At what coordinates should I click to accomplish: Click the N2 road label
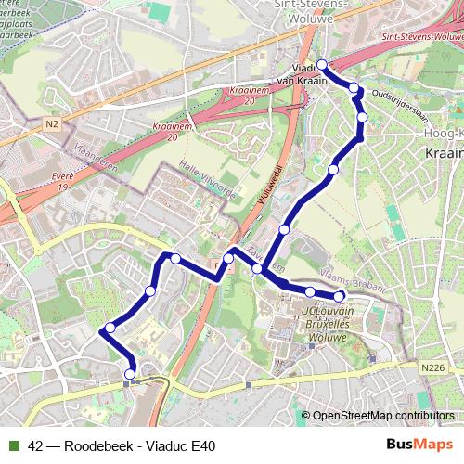52,122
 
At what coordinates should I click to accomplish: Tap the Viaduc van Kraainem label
307,73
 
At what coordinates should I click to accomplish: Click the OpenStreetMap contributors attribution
382,415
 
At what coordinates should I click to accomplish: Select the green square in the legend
14,445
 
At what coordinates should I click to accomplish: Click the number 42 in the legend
36,445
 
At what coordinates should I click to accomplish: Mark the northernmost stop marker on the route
322,64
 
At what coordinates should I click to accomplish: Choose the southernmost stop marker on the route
130,374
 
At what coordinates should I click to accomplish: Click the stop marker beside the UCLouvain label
340,297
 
